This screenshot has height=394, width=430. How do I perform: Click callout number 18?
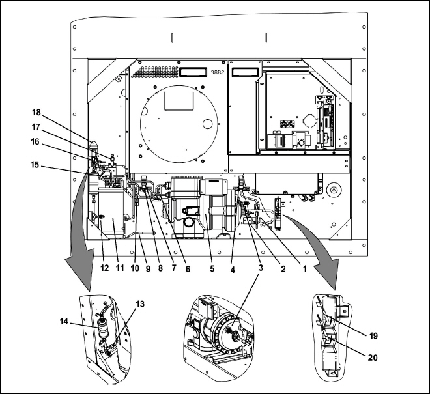click(x=36, y=113)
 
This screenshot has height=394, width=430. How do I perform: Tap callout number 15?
click(x=35, y=165)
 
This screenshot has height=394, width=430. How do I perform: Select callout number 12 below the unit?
click(x=104, y=268)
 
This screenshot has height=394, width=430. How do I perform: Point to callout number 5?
click(x=212, y=269)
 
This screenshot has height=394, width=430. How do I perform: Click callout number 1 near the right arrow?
click(x=304, y=269)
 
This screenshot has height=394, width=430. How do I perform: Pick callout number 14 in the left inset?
click(x=64, y=321)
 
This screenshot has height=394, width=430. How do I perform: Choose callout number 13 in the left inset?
click(x=140, y=304)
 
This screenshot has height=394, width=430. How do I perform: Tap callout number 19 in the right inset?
click(x=373, y=335)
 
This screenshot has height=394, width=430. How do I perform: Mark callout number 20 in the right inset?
click(x=373, y=358)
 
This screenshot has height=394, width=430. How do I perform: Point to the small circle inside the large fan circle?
click(x=208, y=124)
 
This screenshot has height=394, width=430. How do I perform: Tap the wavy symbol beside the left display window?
click(x=218, y=72)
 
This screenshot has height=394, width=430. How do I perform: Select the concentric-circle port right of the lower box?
click(x=334, y=190)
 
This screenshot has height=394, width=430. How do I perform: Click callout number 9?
click(x=148, y=269)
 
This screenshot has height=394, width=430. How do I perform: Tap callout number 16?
click(x=35, y=142)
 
